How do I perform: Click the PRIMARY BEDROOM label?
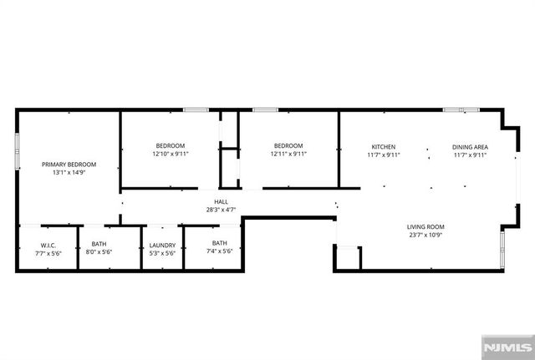click(x=69, y=164)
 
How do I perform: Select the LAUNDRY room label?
click(x=162, y=245)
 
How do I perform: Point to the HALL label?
click(x=221, y=201)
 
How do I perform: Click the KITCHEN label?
click(x=383, y=147)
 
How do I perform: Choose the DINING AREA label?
click(x=470, y=147)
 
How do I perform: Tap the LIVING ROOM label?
click(x=425, y=226)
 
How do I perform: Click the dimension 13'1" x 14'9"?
click(x=69, y=172)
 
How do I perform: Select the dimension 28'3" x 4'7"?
click(x=221, y=210)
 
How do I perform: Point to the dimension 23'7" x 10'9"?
click(x=425, y=235)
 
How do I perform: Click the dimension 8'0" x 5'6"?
click(x=99, y=252)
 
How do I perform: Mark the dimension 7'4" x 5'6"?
click(x=219, y=251)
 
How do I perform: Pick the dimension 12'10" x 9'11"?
click(x=171, y=154)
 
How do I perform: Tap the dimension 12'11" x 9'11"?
click(x=288, y=154)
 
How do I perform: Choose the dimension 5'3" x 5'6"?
click(x=162, y=252)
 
